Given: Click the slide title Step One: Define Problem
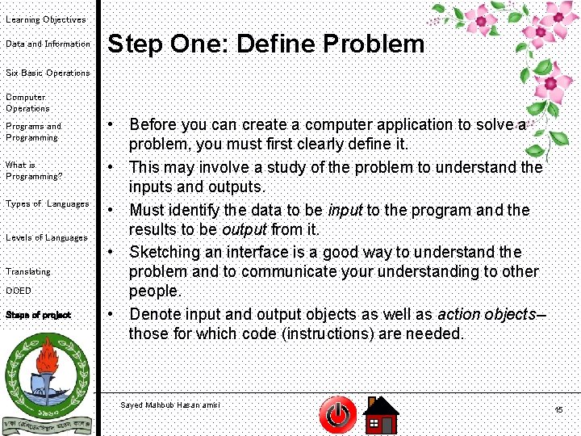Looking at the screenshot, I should click(x=265, y=44).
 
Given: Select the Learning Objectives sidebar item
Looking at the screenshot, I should click(x=45, y=19).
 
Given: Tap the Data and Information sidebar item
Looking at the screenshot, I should click(x=48, y=44).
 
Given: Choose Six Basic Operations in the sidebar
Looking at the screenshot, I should click(x=48, y=73).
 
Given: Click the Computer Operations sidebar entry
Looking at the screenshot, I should click(x=27, y=103).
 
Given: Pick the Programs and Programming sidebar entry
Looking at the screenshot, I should click(x=33, y=132).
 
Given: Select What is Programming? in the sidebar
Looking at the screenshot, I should click(x=33, y=170).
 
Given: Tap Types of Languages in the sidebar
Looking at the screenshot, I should click(x=47, y=203).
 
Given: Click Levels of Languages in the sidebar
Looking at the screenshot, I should click(x=46, y=237).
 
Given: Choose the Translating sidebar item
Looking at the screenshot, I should click(x=27, y=271).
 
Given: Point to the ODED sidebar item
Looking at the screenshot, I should click(x=18, y=291).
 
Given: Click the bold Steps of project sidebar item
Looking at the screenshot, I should click(x=38, y=315).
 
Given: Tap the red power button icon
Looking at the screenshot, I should click(x=337, y=415).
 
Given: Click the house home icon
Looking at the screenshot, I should click(x=380, y=415).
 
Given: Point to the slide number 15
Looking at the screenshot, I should click(x=558, y=411).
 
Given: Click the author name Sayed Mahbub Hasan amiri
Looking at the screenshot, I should click(x=169, y=405).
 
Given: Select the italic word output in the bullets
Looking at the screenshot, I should click(x=244, y=230).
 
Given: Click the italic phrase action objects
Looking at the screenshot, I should click(x=486, y=313).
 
